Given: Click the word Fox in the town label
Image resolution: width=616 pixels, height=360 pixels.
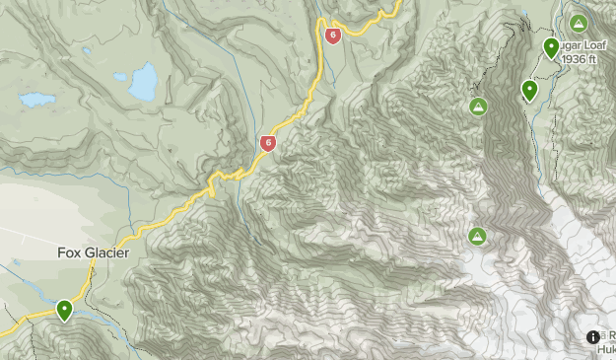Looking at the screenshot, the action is tap(68, 252).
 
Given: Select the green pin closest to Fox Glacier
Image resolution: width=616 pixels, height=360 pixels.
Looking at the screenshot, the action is tap(64, 311).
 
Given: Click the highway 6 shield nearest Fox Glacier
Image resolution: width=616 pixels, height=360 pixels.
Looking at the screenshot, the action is tap(267, 144).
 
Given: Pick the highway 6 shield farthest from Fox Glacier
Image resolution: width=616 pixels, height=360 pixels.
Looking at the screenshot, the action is tap(332, 36).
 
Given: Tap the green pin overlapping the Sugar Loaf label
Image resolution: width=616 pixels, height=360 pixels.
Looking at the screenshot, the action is tap(551, 47).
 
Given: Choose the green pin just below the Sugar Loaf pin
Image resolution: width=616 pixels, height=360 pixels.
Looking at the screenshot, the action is tap(529, 91).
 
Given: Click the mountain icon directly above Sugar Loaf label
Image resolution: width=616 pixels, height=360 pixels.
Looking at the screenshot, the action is tap(577, 24).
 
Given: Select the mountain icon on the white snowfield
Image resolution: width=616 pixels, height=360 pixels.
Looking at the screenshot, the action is tap(477, 236).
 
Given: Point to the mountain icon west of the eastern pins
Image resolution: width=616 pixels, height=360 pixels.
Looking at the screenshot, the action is tap(478, 106).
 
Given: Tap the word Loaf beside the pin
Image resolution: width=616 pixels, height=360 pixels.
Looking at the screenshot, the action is tap(575, 45).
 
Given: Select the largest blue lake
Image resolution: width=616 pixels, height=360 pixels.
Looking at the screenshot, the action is tap(143, 82).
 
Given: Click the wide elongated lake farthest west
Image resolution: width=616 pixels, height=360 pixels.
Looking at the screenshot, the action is tap(37, 100).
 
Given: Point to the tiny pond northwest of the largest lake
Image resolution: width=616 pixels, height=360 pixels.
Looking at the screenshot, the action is tap(87, 51).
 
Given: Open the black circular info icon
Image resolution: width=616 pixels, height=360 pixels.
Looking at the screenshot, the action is tap(593, 337).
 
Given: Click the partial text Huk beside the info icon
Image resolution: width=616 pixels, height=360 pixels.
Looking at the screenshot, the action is tap(607, 348).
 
